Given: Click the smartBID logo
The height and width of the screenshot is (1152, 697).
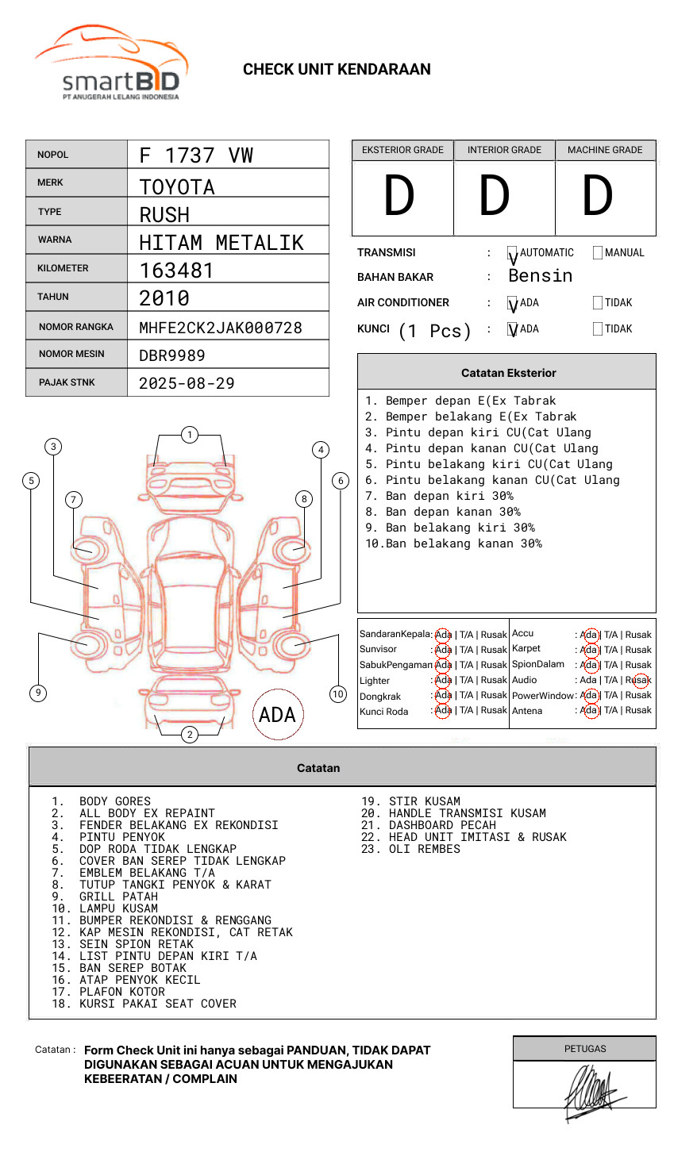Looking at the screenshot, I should (x=111, y=63).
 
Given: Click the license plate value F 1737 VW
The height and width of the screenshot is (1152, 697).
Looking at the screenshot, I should (x=196, y=156).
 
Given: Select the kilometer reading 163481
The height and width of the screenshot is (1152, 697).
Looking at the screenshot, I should (x=176, y=271).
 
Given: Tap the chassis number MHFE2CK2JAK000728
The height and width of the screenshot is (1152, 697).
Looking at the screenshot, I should (x=220, y=328).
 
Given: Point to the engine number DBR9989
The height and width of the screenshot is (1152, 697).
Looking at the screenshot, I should (x=171, y=355).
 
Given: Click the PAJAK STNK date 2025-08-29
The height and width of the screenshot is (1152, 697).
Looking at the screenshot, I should (x=187, y=383).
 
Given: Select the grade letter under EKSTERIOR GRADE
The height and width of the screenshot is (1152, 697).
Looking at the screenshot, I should (x=399, y=196).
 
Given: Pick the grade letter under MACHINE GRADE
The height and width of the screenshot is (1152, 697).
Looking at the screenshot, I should (x=598, y=196).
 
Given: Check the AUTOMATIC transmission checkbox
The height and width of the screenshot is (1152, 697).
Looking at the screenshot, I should (x=512, y=253).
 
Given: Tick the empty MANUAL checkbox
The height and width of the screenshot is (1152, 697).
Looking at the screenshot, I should (x=598, y=253).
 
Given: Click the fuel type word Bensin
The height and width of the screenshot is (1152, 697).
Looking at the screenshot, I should (x=540, y=276).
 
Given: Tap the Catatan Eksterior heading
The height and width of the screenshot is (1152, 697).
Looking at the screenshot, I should (x=508, y=373).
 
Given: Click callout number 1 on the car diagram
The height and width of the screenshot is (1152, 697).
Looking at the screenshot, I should (x=189, y=435).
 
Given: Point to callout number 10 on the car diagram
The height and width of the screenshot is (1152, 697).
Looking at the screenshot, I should (x=338, y=694).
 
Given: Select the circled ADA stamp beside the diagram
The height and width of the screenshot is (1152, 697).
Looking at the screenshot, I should (x=277, y=715).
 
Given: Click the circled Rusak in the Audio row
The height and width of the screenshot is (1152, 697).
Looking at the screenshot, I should (x=638, y=680).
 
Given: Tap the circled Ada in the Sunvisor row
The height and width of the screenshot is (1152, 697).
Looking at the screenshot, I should (x=443, y=650).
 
